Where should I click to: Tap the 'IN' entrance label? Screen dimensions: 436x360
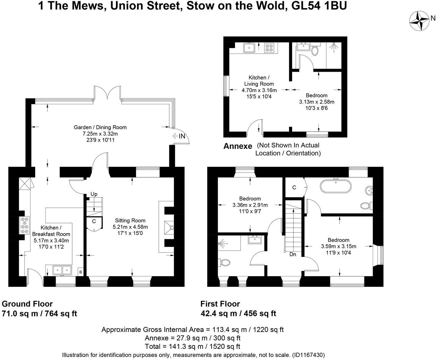(182, 136)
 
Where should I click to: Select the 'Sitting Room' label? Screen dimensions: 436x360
(130, 221)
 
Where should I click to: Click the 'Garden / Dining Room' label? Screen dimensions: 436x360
(100, 128)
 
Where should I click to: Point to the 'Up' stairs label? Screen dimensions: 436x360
(94, 194)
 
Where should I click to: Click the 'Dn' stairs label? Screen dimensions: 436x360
(293, 254)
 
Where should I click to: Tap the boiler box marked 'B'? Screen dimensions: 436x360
(81, 272)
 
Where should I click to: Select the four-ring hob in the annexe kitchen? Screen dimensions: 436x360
(269, 48)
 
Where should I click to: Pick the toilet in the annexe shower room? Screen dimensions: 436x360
(315, 51)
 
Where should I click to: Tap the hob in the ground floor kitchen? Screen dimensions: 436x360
(25, 225)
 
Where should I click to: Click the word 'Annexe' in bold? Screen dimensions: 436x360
(238, 147)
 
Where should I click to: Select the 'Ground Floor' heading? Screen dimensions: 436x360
(27, 304)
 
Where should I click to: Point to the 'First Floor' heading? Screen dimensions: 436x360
(220, 304)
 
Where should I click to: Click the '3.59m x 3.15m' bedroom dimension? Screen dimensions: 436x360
(339, 246)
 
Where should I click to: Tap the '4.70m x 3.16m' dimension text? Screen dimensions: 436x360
(259, 90)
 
